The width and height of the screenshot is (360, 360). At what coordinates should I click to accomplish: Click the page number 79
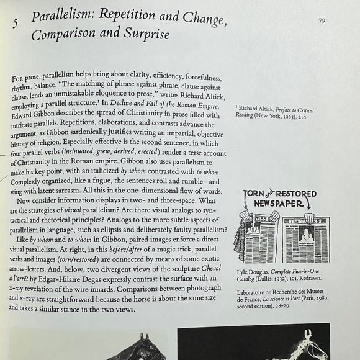tap(322, 20)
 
